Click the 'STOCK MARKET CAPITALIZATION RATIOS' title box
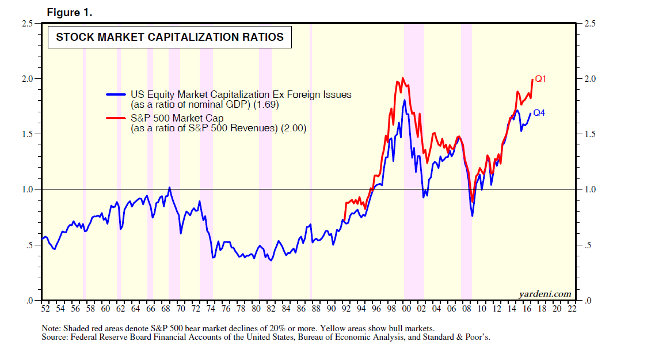point(169,37)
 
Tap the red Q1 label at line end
point(540,78)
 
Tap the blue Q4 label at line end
point(539,113)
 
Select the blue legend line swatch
point(116,94)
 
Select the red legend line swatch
point(116,118)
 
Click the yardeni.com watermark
point(544,294)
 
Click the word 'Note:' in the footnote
point(51,328)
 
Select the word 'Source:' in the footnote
point(55,337)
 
